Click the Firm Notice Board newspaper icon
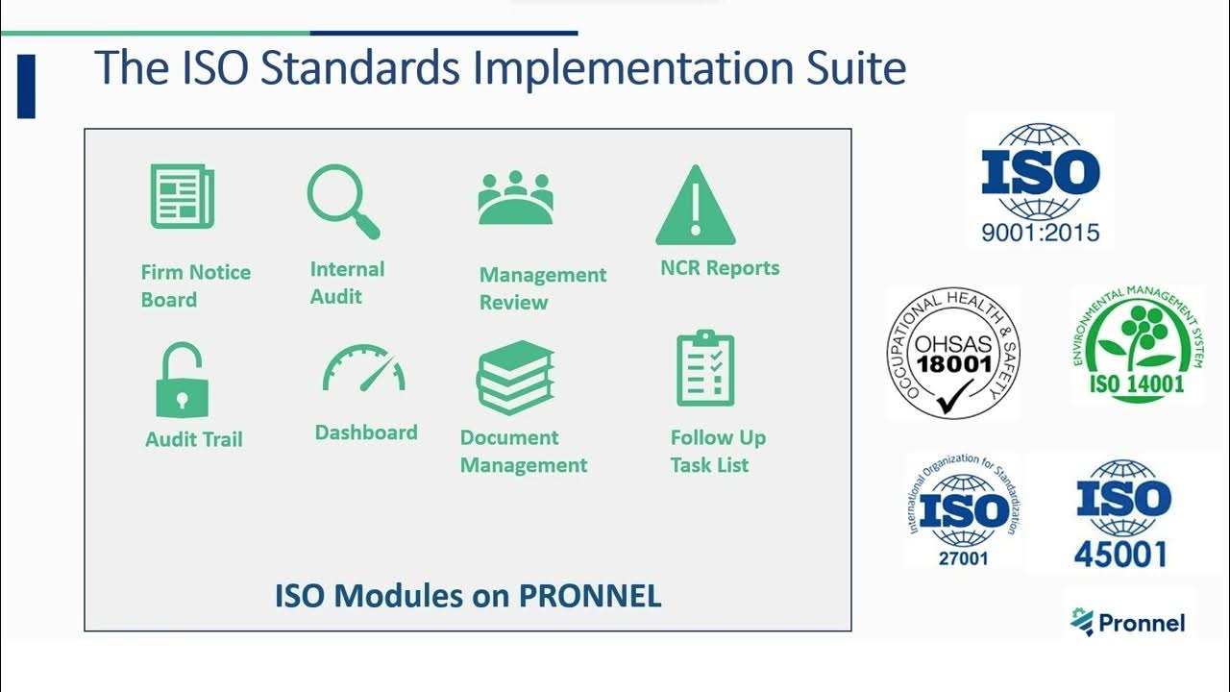click(183, 197)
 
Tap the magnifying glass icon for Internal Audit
click(343, 201)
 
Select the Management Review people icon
click(515, 198)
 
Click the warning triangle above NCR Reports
click(696, 206)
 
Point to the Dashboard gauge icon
click(364, 368)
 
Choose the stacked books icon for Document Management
click(515, 378)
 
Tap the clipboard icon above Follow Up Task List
click(705, 369)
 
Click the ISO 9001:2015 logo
click(1041, 183)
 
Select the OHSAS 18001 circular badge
click(953, 353)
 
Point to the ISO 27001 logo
click(964, 509)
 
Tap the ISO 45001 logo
click(1122, 514)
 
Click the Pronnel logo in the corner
click(1128, 622)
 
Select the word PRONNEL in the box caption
click(590, 596)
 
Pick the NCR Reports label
click(720, 268)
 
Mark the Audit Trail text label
click(194, 440)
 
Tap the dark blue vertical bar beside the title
click(26, 86)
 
